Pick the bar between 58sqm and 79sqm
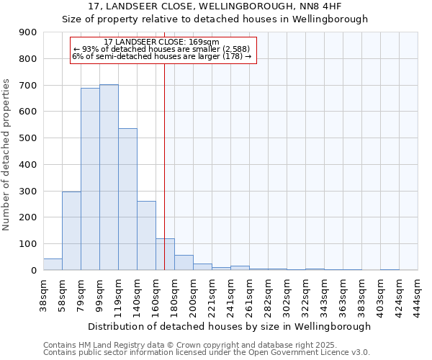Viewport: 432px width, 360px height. coord(71,230)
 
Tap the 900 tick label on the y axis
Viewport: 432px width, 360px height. coord(28,32)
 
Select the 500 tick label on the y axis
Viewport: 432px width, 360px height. coord(28,138)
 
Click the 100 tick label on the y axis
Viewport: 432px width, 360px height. coord(28,244)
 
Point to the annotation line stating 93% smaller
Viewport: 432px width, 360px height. coord(161,49)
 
